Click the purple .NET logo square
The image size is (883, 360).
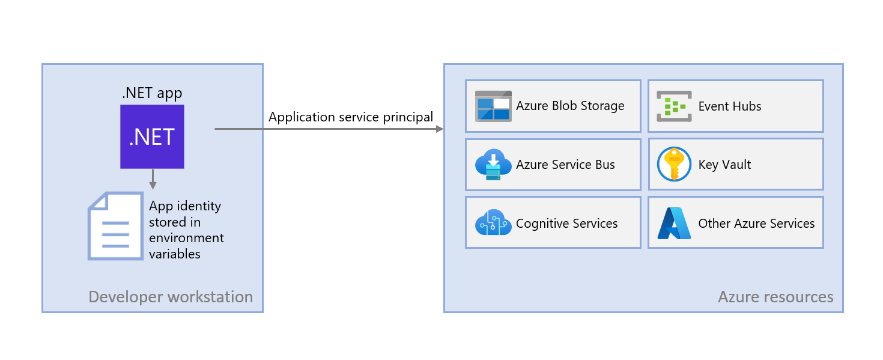[152, 136]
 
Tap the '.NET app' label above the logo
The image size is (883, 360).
[152, 93]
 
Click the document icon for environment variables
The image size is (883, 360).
[116, 225]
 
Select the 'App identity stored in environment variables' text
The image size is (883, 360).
[186, 230]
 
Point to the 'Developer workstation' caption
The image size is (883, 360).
[171, 296]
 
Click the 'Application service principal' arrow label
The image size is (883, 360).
[351, 117]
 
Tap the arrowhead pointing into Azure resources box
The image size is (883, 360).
[440, 129]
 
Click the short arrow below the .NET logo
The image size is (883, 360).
[153, 179]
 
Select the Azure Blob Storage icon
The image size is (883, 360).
[493, 106]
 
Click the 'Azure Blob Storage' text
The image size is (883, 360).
[570, 106]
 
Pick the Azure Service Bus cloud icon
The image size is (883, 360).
[493, 165]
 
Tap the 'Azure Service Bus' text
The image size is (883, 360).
[565, 165]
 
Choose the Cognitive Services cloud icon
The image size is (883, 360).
[493, 223]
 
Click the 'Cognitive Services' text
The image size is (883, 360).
[566, 224]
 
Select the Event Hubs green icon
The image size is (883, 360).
[675, 106]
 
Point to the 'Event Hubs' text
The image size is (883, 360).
[729, 106]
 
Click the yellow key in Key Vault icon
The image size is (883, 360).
[674, 163]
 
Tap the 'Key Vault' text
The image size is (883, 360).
[724, 165]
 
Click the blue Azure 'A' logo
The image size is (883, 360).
[674, 224]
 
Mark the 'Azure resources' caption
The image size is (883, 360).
[775, 296]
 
